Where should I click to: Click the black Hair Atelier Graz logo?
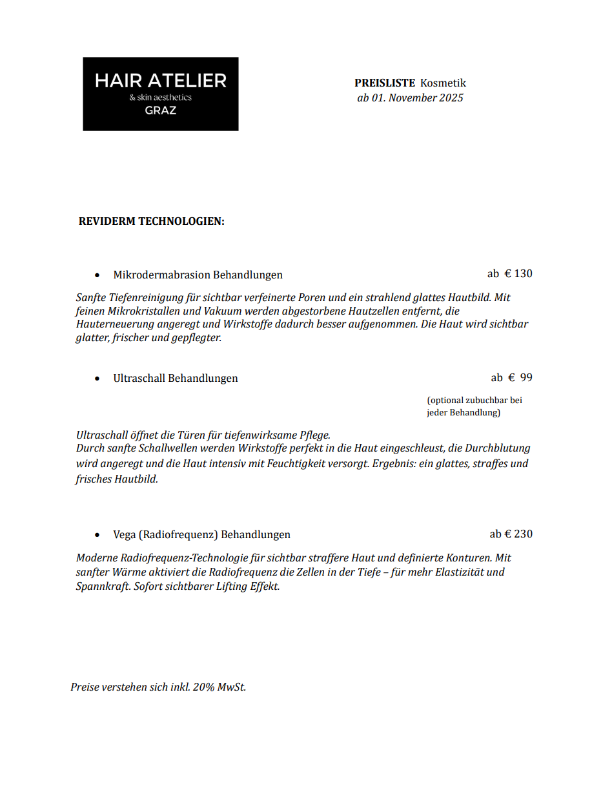tap(160, 94)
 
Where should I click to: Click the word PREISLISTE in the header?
tap(384, 83)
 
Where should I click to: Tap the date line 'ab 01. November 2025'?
tap(410, 98)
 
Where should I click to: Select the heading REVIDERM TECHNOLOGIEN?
tap(151, 222)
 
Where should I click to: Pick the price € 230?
tap(518, 534)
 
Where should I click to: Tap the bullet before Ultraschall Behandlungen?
tap(97, 379)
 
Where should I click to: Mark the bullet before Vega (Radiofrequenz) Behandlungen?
tap(97, 536)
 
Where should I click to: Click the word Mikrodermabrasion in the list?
tap(161, 275)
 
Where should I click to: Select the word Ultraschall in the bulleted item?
tap(139, 379)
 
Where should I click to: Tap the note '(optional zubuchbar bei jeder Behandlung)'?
tap(474, 406)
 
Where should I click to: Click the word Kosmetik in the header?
tap(443, 83)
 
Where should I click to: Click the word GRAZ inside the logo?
tap(160, 110)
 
